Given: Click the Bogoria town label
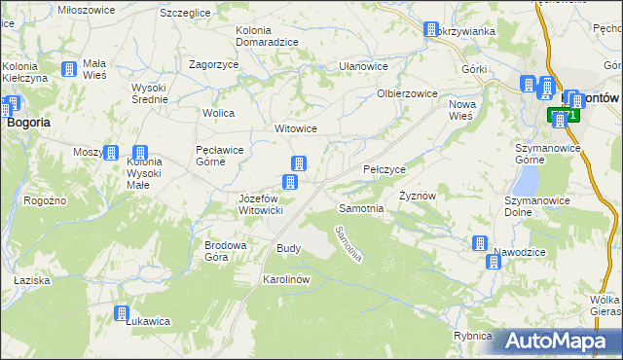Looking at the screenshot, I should (x=29, y=123).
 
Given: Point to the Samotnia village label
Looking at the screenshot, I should (x=360, y=208).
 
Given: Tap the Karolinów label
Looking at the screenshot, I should (x=286, y=279).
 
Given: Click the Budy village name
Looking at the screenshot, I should (x=289, y=248).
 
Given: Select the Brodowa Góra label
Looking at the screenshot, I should (x=222, y=251).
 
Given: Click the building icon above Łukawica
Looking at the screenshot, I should (x=122, y=313).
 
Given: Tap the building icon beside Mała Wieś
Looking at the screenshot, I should (x=69, y=69).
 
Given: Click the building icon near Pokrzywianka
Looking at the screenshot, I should (x=430, y=30).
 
